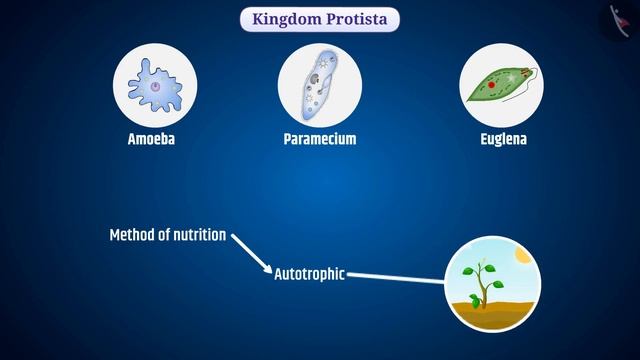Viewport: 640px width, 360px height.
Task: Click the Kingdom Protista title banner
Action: click(x=320, y=19)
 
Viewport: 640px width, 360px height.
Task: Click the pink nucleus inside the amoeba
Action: click(x=156, y=86)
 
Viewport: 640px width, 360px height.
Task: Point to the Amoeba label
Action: click(x=152, y=139)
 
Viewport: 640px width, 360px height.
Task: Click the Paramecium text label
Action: click(x=320, y=139)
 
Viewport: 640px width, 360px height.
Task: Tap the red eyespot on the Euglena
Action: click(x=491, y=86)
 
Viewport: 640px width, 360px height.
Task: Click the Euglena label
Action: click(x=504, y=139)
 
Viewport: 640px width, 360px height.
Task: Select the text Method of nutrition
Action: click(x=167, y=236)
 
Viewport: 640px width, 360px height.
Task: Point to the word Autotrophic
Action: click(x=309, y=273)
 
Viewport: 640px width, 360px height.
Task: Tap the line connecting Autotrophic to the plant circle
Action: click(x=395, y=277)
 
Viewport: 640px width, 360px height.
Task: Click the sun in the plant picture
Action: click(x=520, y=256)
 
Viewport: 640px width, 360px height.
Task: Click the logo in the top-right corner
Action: click(x=621, y=20)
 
